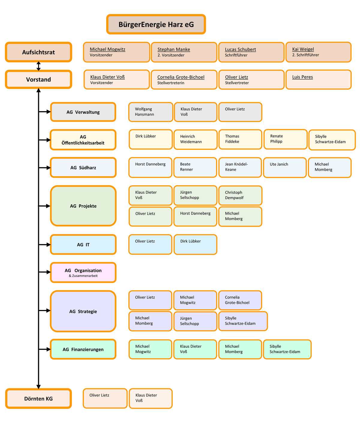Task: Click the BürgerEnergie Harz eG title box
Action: (156, 24)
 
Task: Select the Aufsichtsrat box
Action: (38, 52)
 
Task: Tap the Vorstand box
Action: (38, 79)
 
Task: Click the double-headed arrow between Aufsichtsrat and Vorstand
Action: (38, 66)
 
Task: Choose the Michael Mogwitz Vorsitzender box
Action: (116, 52)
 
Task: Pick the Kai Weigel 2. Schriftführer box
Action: (318, 52)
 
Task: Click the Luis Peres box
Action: (318, 79)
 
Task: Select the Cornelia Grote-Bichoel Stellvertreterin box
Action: (184, 80)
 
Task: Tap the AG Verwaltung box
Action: (83, 112)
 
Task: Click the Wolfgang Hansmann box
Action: (151, 112)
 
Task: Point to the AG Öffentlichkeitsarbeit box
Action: (83, 140)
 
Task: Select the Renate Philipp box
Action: (285, 139)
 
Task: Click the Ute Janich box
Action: (285, 168)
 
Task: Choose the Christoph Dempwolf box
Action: (240, 195)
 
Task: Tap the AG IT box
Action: (83, 245)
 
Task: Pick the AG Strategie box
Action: (83, 311)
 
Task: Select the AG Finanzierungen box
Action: (83, 349)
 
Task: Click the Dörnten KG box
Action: (38, 399)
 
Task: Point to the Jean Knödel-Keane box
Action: (240, 167)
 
